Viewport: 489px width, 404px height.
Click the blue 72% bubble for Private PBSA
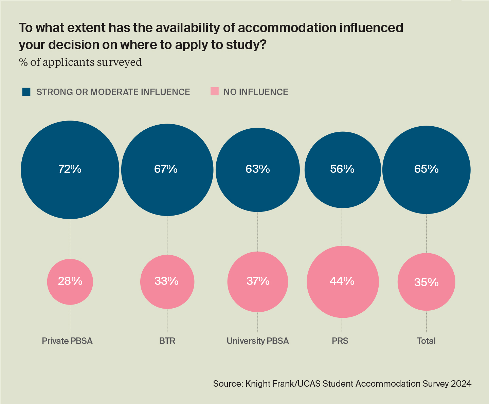(70, 169)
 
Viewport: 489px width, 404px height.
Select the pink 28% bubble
(70, 281)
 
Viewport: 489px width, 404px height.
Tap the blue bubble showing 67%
(167, 169)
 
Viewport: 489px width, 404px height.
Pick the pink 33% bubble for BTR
(167, 281)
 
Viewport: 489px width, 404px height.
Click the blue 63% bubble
(258, 169)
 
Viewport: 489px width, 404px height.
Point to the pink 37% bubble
(258, 281)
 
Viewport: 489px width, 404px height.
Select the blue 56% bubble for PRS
(343, 169)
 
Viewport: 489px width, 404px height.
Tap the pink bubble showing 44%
(343, 281)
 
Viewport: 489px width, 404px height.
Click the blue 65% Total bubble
(427, 169)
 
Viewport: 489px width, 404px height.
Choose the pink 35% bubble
(427, 281)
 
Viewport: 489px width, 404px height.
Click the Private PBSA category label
(67, 341)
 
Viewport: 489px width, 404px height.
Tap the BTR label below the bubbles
(167, 341)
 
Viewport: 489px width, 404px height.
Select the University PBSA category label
(258, 341)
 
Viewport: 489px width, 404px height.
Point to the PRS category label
(340, 341)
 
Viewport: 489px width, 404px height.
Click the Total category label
(426, 341)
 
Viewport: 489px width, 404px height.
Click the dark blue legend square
(26, 92)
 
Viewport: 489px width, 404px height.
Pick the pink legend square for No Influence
(215, 91)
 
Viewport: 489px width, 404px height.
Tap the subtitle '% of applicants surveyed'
(80, 62)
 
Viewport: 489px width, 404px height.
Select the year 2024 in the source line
(461, 384)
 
